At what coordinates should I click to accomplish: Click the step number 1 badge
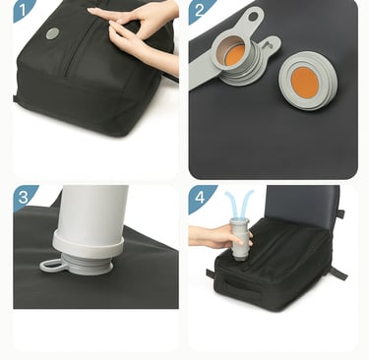23,10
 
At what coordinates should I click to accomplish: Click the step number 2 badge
200,11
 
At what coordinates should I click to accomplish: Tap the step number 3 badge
23,197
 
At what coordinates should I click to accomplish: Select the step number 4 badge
200,198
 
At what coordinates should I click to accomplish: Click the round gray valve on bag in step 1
52,33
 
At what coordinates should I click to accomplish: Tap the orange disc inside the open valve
235,55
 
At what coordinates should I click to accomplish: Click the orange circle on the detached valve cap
305,83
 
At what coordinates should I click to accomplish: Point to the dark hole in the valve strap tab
253,17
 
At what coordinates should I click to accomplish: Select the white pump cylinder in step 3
92,211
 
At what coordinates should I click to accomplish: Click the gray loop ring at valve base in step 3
51,266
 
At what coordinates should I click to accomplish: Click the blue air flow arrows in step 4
239,203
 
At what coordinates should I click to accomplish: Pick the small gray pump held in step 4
239,239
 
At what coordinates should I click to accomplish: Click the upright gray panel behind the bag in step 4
302,204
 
